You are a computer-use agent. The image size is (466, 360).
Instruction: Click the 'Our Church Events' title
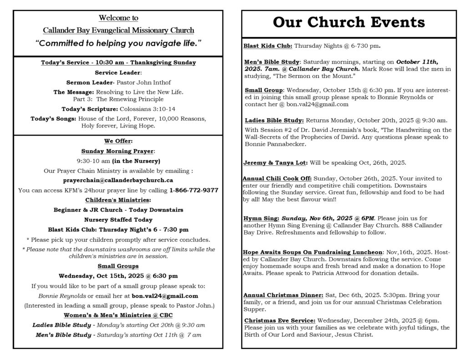click(x=349, y=22)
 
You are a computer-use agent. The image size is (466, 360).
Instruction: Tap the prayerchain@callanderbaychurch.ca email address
click(x=118, y=180)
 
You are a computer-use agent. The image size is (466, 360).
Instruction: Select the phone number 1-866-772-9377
click(x=193, y=190)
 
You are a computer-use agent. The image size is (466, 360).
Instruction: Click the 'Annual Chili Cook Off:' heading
click(x=277, y=178)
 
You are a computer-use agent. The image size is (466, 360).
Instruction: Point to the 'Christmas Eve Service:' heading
click(x=279, y=320)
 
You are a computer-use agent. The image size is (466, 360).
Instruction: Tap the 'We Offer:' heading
click(x=118, y=141)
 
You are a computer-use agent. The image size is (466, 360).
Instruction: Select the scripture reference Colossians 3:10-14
click(x=147, y=109)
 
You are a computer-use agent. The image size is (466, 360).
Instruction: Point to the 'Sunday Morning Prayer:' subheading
click(x=118, y=151)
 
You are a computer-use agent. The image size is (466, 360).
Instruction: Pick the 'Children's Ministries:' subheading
click(x=118, y=200)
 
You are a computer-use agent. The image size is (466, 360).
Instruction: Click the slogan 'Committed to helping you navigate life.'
click(x=118, y=43)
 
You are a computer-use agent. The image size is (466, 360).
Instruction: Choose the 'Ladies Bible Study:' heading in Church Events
click(x=274, y=121)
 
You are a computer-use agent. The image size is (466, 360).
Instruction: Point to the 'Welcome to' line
click(x=118, y=18)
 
